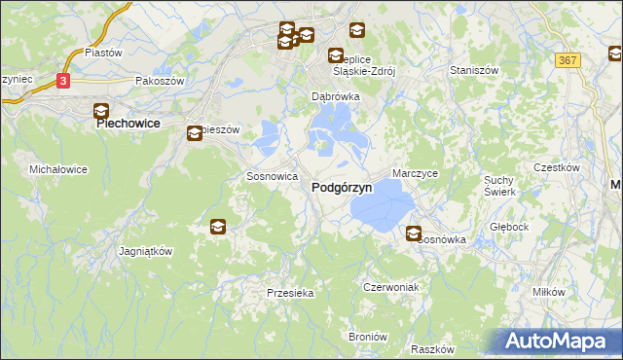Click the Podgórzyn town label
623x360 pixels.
(341, 189)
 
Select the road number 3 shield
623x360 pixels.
(63, 81)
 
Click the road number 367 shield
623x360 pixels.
(569, 60)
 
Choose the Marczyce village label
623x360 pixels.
(416, 172)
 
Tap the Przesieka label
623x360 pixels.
(289, 292)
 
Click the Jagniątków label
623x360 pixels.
(145, 250)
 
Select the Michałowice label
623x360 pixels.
(58, 169)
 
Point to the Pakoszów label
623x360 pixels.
(160, 82)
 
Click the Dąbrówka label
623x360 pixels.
(336, 97)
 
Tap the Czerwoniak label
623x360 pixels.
(390, 287)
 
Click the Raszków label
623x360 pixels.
(433, 348)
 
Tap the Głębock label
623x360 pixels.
(509, 227)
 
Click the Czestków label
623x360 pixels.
(557, 167)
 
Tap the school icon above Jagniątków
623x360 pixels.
(217, 227)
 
